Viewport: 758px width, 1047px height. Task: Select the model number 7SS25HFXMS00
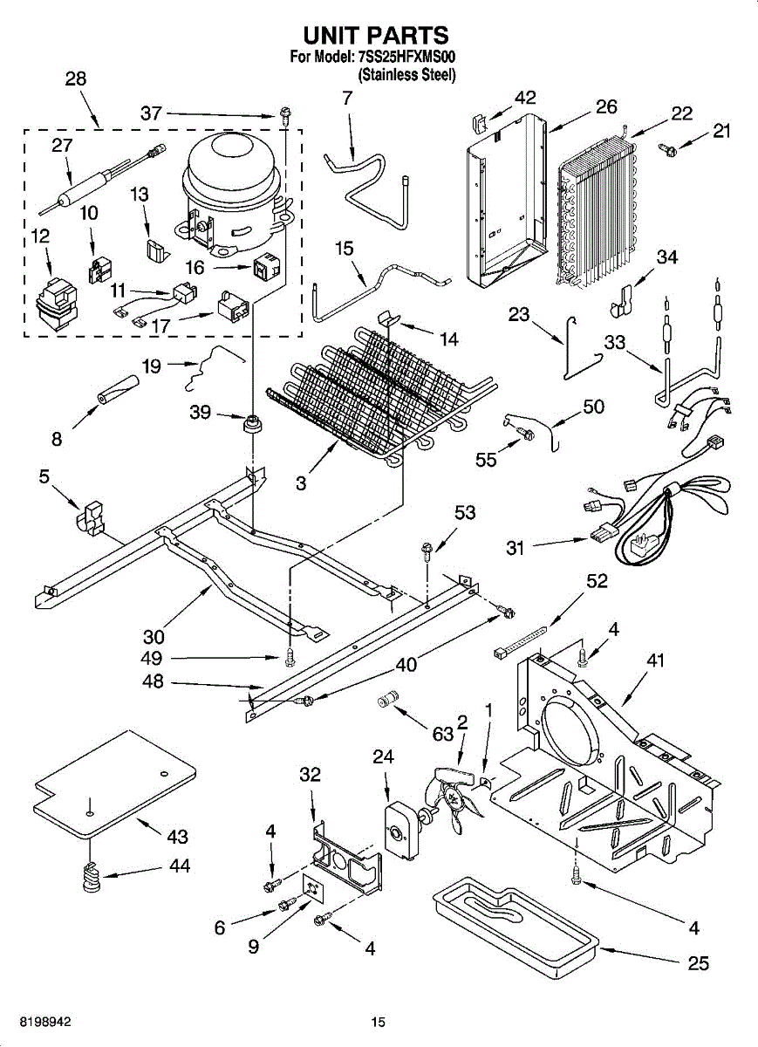(x=407, y=58)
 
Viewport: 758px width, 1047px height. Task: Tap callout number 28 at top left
(x=76, y=79)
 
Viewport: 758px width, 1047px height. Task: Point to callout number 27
(x=61, y=146)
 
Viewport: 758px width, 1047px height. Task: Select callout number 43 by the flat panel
(x=177, y=837)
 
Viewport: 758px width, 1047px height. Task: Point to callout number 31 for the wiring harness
(x=517, y=547)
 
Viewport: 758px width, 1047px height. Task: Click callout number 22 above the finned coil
(x=681, y=113)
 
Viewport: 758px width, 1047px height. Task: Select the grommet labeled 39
(x=254, y=424)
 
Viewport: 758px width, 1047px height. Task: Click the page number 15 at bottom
(x=378, y=1023)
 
